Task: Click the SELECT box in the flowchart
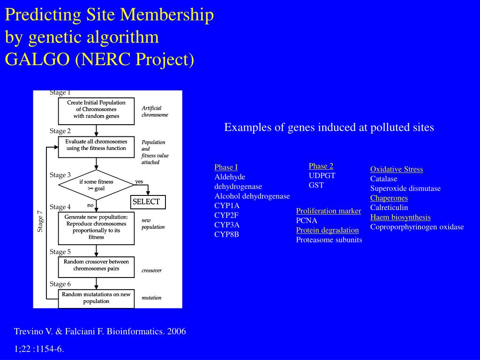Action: (x=146, y=202)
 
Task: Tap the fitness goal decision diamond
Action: (x=96, y=185)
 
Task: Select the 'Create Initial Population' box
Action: (x=96, y=109)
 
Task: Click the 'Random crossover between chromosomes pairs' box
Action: (x=96, y=265)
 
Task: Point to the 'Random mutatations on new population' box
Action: (x=96, y=298)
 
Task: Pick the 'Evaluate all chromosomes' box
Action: (x=96, y=145)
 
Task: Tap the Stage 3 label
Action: (x=60, y=175)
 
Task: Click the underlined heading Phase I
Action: (x=226, y=167)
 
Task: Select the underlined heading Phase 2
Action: (x=321, y=166)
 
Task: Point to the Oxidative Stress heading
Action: (x=397, y=169)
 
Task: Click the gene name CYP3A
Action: (x=227, y=225)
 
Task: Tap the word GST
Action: (x=316, y=185)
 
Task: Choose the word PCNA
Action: (x=307, y=220)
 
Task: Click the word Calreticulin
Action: (x=389, y=208)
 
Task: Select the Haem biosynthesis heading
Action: (x=400, y=217)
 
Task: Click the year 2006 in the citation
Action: (x=177, y=331)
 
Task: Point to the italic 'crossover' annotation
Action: (x=152, y=270)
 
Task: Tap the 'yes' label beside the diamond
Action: (x=139, y=181)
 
